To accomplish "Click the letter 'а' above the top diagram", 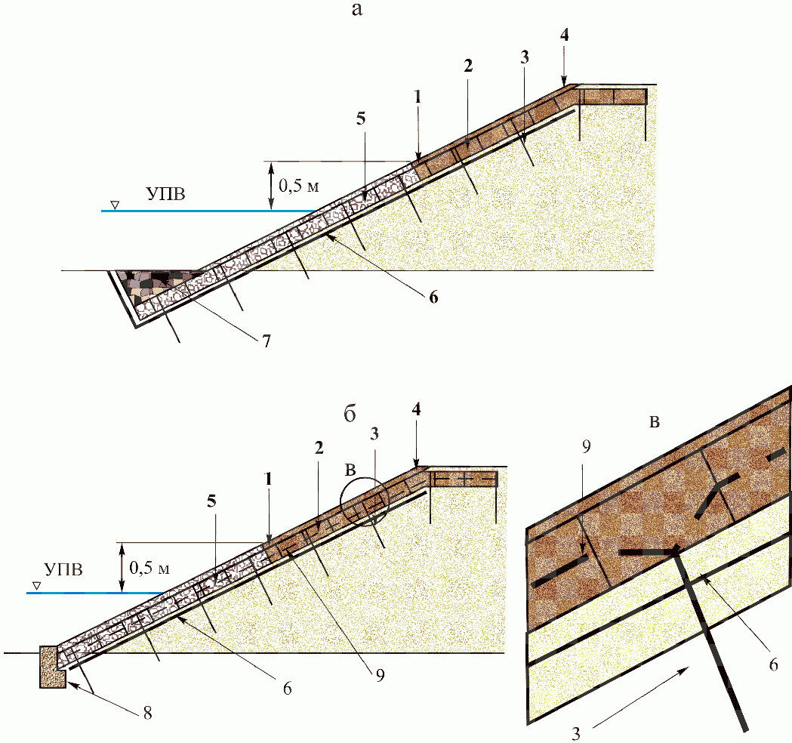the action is pos(357,9).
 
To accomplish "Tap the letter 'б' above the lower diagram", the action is pos(350,415).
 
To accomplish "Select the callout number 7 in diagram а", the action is pos(267,341).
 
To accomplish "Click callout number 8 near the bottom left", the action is pos(147,713).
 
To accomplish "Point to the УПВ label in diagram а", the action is pos(166,194).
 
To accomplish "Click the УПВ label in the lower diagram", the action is pos(63,570).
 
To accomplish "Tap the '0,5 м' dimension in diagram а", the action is pos(299,186).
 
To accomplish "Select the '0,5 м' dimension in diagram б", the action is pos(149,568).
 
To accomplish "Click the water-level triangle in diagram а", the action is pos(116,205).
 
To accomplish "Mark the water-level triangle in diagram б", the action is pos(36,586).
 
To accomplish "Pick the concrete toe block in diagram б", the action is pos(53,666).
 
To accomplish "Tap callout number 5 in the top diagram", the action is pos(361,119).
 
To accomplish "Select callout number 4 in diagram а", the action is pos(564,35).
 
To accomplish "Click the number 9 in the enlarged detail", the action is pos(587,446).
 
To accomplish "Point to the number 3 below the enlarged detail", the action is pos(576,733).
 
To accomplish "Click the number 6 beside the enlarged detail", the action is pos(773,664).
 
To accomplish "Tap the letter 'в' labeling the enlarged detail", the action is pos(655,422).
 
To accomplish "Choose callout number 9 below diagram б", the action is pos(380,674).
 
